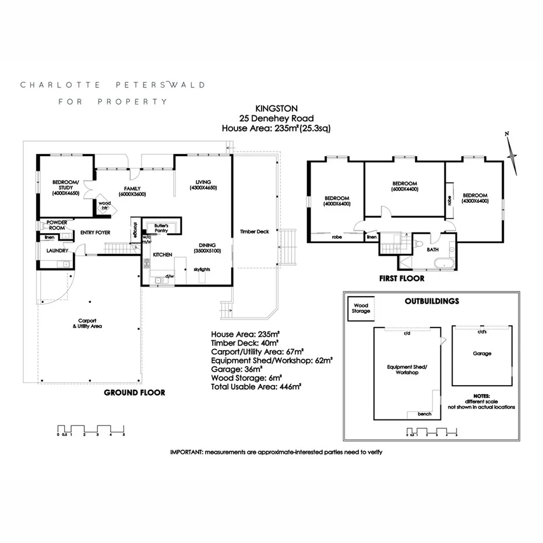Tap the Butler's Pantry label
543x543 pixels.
(160, 228)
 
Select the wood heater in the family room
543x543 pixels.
(105, 204)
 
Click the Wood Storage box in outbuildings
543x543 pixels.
(361, 308)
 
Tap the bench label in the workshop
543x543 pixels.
(424, 414)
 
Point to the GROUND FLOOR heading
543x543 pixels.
(134, 393)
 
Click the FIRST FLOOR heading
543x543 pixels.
(401, 278)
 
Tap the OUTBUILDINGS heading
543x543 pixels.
(432, 301)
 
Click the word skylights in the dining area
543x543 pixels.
(202, 270)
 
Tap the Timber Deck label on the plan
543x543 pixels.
(255, 231)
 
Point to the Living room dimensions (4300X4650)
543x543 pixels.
(203, 188)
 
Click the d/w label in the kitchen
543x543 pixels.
(170, 276)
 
